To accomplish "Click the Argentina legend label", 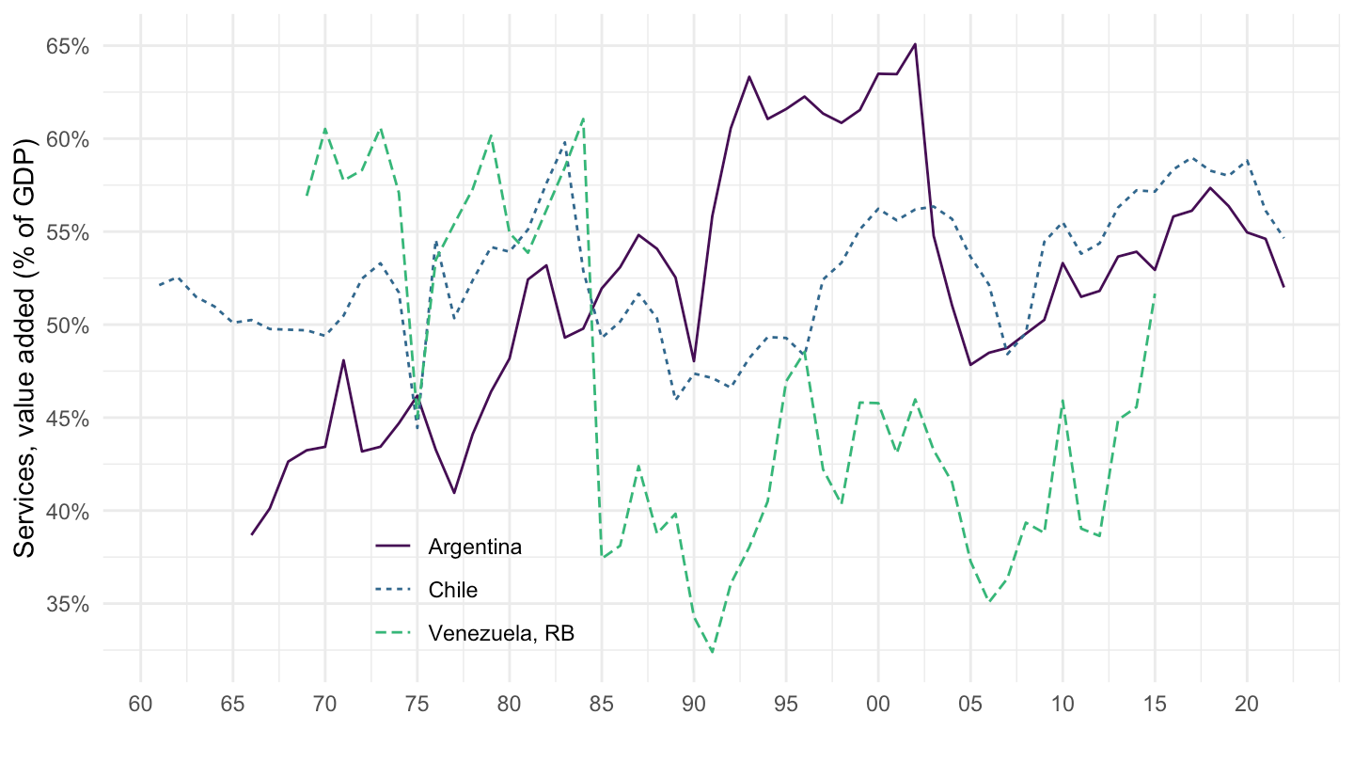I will (474, 547).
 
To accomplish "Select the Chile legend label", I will (452, 591).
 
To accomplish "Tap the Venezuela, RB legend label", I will (500, 634).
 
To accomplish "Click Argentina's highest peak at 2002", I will (915, 44).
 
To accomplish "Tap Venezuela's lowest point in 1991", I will (713, 652).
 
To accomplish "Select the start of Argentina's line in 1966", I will (251, 534).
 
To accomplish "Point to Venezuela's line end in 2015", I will (1155, 294).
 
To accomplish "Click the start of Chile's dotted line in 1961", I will (160, 284).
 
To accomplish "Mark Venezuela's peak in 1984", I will (584, 119).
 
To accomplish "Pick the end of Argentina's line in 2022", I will (1283, 286).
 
